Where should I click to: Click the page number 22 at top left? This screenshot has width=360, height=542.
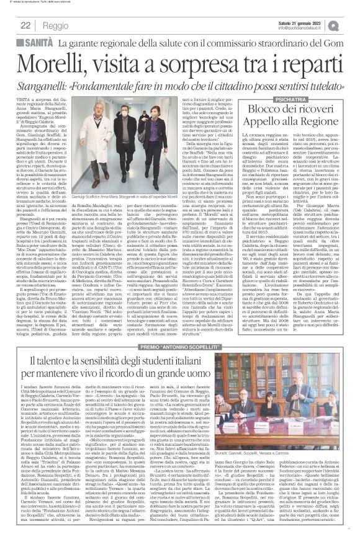25,25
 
